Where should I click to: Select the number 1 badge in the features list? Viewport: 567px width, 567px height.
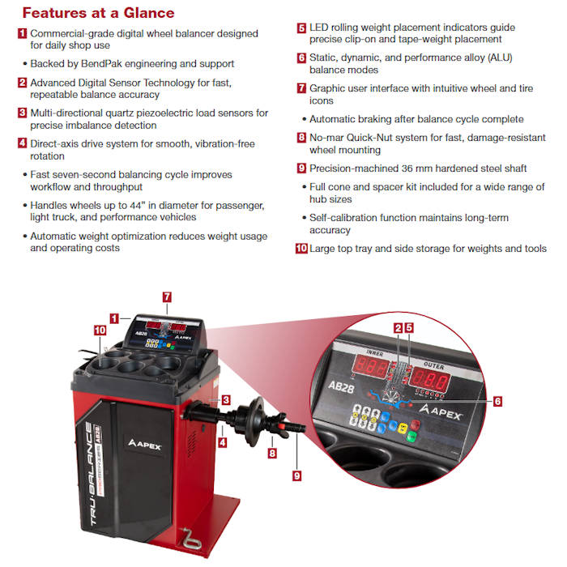pyautogui.click(x=22, y=34)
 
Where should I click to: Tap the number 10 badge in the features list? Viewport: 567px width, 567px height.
pyautogui.click(x=301, y=249)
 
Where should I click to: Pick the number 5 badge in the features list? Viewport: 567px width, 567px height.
pyautogui.click(x=301, y=28)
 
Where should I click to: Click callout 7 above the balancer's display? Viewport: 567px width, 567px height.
pyautogui.click(x=167, y=297)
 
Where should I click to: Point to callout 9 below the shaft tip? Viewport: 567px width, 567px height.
pyautogui.click(x=296, y=475)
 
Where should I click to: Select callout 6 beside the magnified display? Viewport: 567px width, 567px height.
pyautogui.click(x=497, y=400)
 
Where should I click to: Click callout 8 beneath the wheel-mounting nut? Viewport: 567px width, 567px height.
pyautogui.click(x=272, y=454)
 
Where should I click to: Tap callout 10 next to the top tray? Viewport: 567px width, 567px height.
pyautogui.click(x=100, y=330)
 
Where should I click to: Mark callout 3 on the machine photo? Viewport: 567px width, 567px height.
pyautogui.click(x=226, y=399)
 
